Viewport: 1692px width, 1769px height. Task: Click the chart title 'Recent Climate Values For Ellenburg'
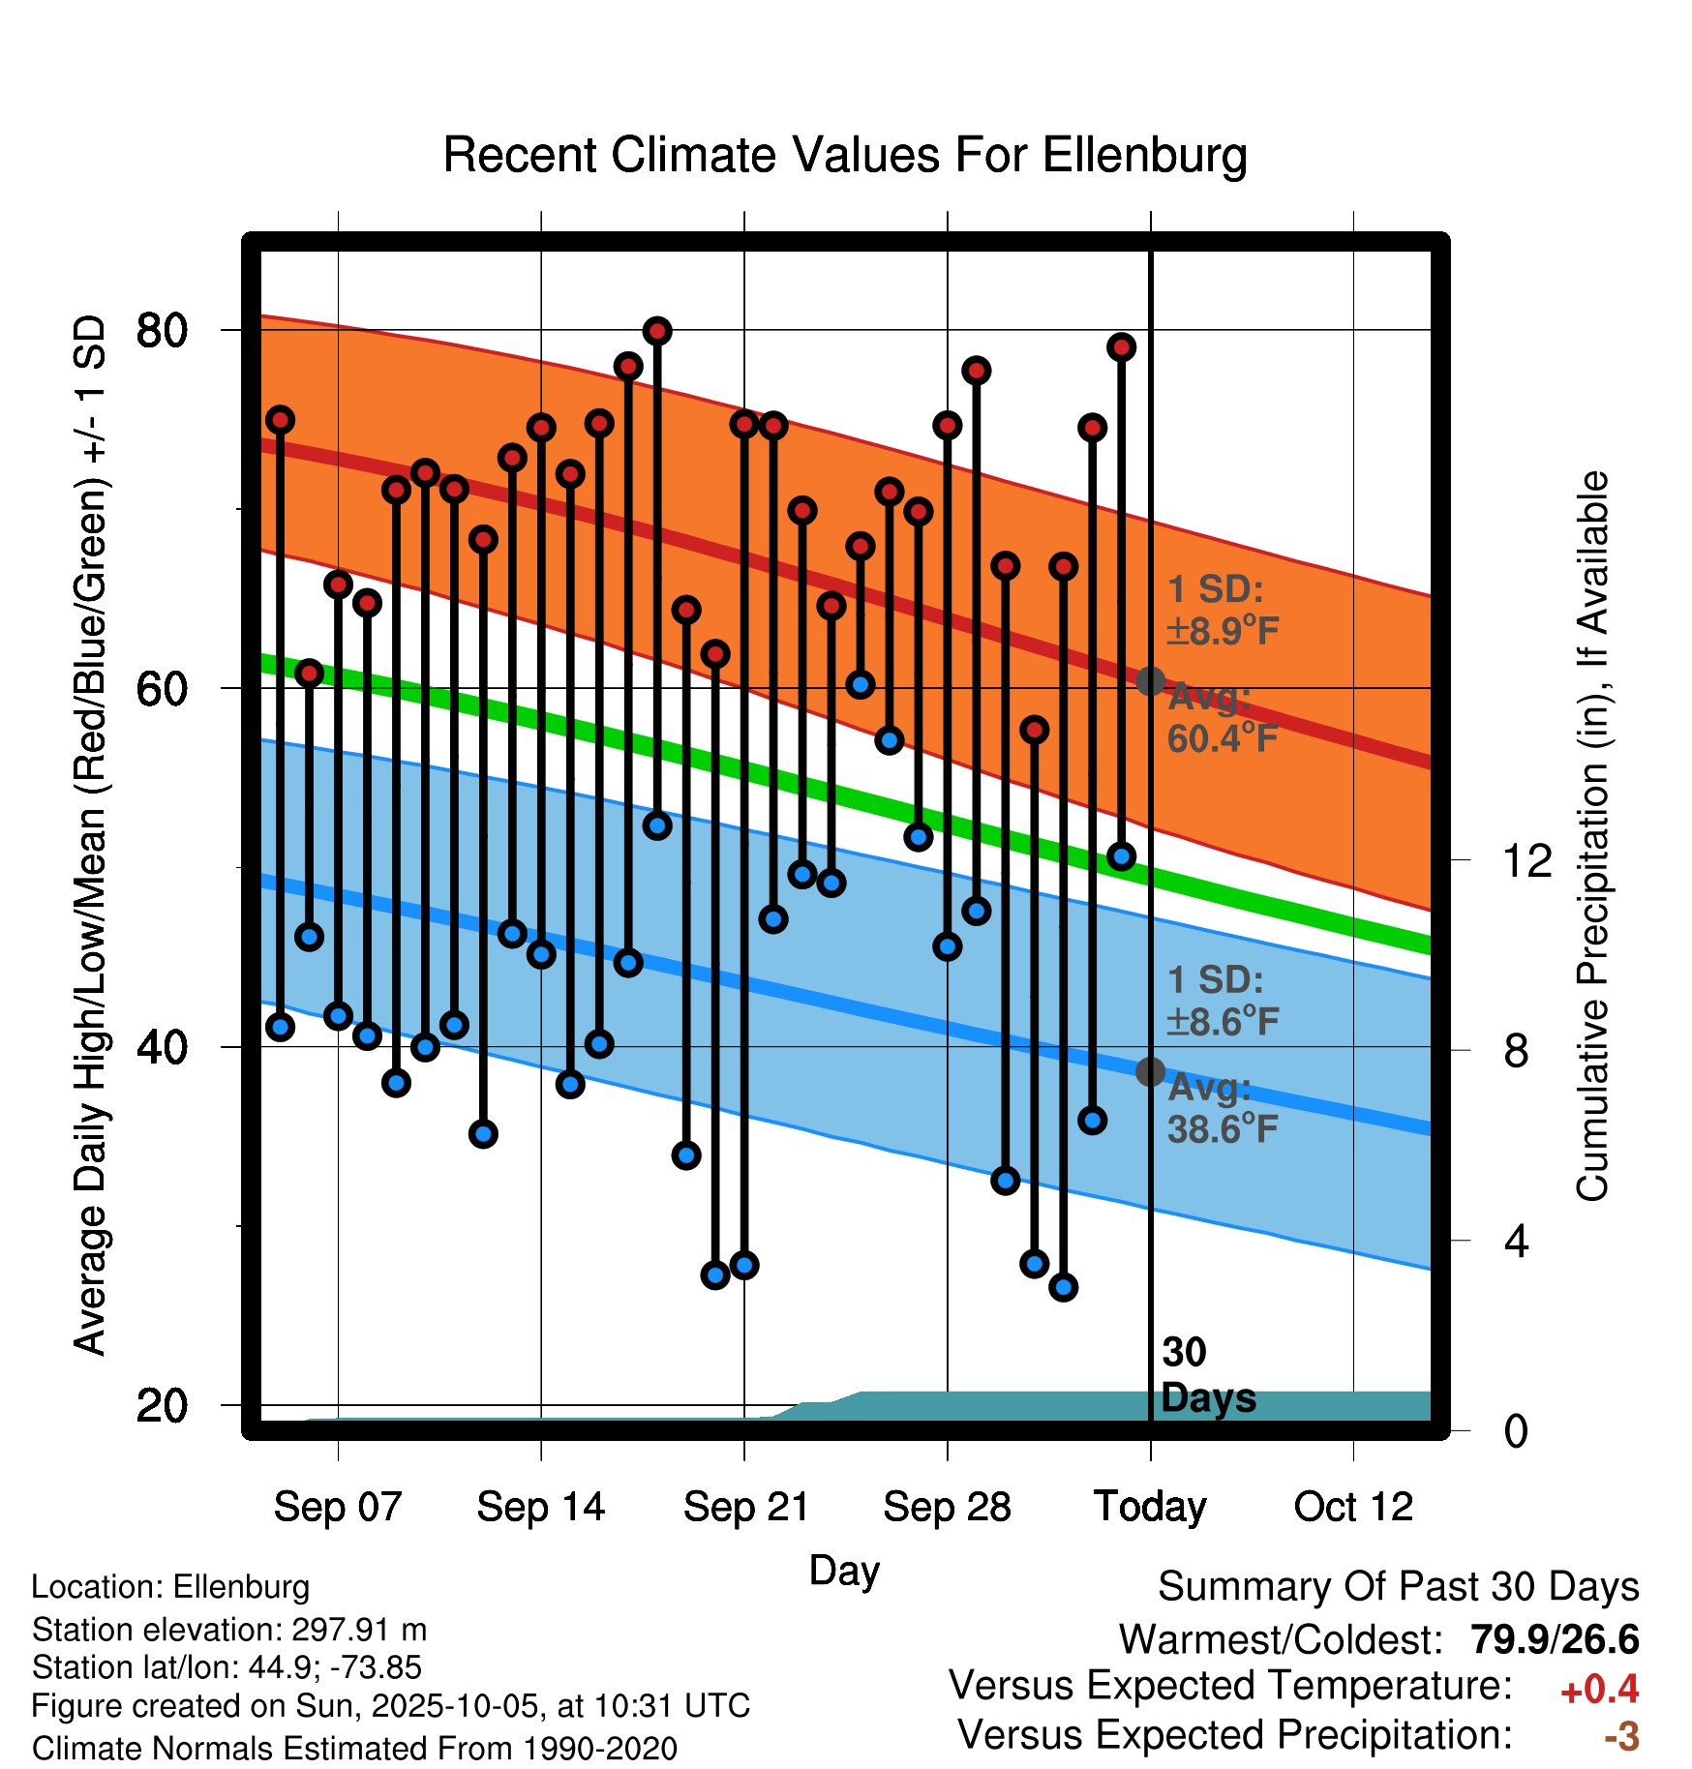click(844, 155)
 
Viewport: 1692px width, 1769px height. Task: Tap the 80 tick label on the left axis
click(162, 331)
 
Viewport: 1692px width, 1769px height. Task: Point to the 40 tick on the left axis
click(162, 1047)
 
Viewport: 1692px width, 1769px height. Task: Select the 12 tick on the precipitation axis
click(1526, 860)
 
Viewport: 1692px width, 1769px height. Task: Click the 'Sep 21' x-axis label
click(745, 1507)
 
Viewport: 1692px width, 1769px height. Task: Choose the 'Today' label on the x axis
click(1150, 1507)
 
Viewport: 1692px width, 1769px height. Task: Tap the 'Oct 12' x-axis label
click(1353, 1507)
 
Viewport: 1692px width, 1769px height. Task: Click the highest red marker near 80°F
click(657, 331)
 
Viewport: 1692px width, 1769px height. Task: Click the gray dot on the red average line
click(1150, 681)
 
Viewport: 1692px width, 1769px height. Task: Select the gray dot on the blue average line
click(1150, 1071)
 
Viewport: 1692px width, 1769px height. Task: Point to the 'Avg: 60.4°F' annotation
click(1222, 718)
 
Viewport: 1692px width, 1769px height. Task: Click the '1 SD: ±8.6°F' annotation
click(1223, 1001)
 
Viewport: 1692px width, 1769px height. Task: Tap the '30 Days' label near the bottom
click(1206, 1375)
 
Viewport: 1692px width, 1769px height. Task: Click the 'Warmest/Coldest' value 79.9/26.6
click(1555, 1639)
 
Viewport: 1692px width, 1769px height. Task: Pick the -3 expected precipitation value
click(1621, 1736)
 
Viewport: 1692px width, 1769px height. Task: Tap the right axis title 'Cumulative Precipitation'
click(1592, 837)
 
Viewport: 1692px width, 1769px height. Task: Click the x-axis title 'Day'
click(844, 1570)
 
